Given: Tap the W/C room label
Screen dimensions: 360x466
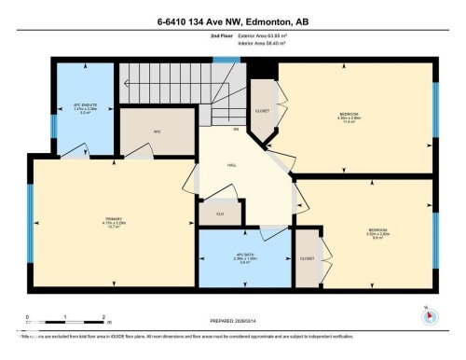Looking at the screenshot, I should (158, 132).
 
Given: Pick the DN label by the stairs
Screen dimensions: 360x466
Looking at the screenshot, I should (236, 128).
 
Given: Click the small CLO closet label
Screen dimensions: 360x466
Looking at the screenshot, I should (219, 213).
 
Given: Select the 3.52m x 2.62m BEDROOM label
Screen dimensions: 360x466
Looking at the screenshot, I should (377, 232).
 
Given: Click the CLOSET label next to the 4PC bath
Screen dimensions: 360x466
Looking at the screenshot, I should (306, 257).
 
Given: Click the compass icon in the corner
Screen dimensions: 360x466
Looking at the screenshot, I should (429, 315).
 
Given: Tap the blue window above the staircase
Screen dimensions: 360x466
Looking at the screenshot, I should (226, 61).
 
